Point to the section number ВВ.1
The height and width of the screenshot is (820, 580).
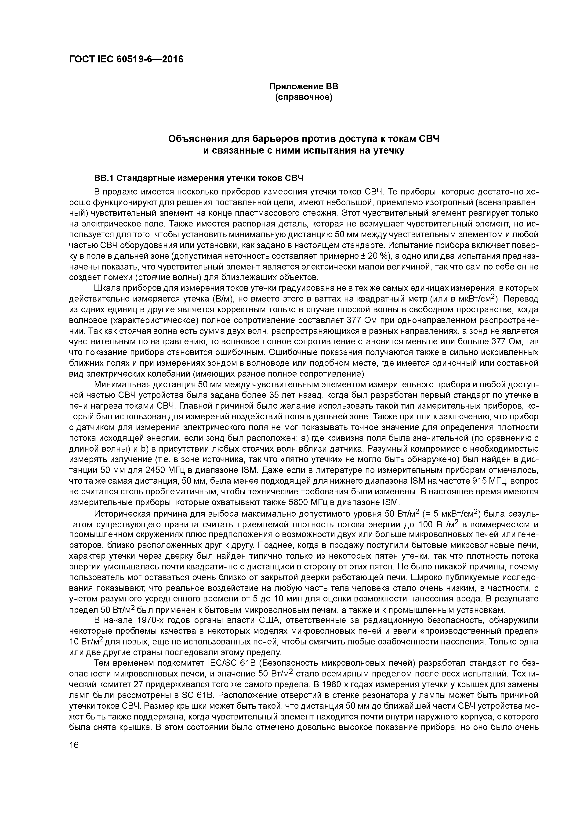tap(104, 178)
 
